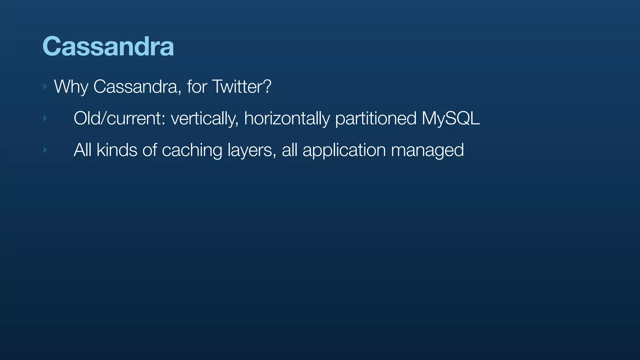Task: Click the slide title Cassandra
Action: coord(108,46)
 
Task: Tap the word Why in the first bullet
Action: coord(71,87)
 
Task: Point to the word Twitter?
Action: coord(242,87)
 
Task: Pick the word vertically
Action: coord(205,118)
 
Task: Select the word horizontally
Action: coord(287,118)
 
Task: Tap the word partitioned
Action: coord(376,118)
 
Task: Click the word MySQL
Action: coord(451,118)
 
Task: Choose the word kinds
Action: coord(117,150)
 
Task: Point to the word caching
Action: coord(192,150)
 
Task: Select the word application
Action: coord(344,150)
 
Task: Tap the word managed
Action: coord(427,150)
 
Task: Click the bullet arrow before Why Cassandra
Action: coord(45,87)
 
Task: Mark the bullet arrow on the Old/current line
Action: coord(45,118)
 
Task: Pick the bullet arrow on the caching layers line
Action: coord(45,150)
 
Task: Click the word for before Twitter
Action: coord(197,87)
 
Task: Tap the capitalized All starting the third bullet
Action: coord(82,150)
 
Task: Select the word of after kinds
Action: coord(150,150)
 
